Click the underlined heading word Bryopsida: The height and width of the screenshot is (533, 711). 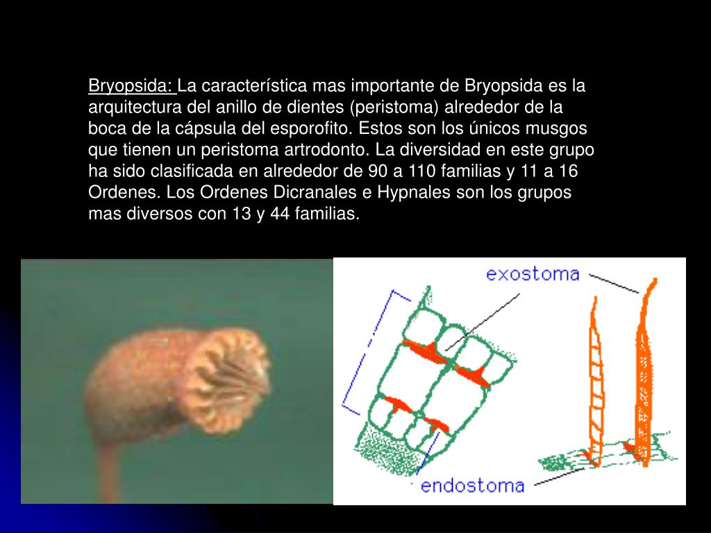pyautogui.click(x=131, y=87)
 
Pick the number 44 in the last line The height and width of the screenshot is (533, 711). pyautogui.click(x=280, y=214)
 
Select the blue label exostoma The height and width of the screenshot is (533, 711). pyautogui.click(x=533, y=274)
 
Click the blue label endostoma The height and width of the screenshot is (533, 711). pyautogui.click(x=472, y=484)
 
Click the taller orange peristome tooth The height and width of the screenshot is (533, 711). pyautogui.click(x=645, y=375)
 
